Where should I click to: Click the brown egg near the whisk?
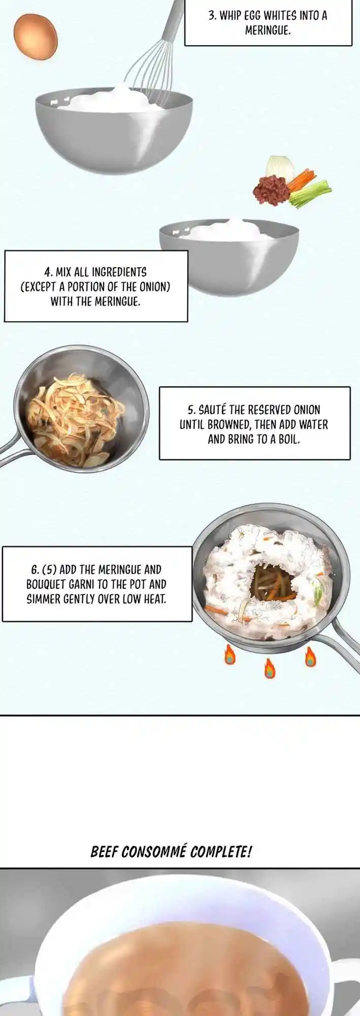click(x=36, y=37)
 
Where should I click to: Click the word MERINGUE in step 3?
click(x=268, y=30)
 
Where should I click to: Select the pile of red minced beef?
click(x=271, y=190)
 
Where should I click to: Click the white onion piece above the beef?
click(x=281, y=168)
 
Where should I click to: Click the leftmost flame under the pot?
click(x=230, y=655)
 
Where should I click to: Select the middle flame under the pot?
click(x=269, y=668)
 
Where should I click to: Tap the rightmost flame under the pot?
click(x=310, y=656)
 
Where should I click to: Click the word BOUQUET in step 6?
click(x=46, y=584)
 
